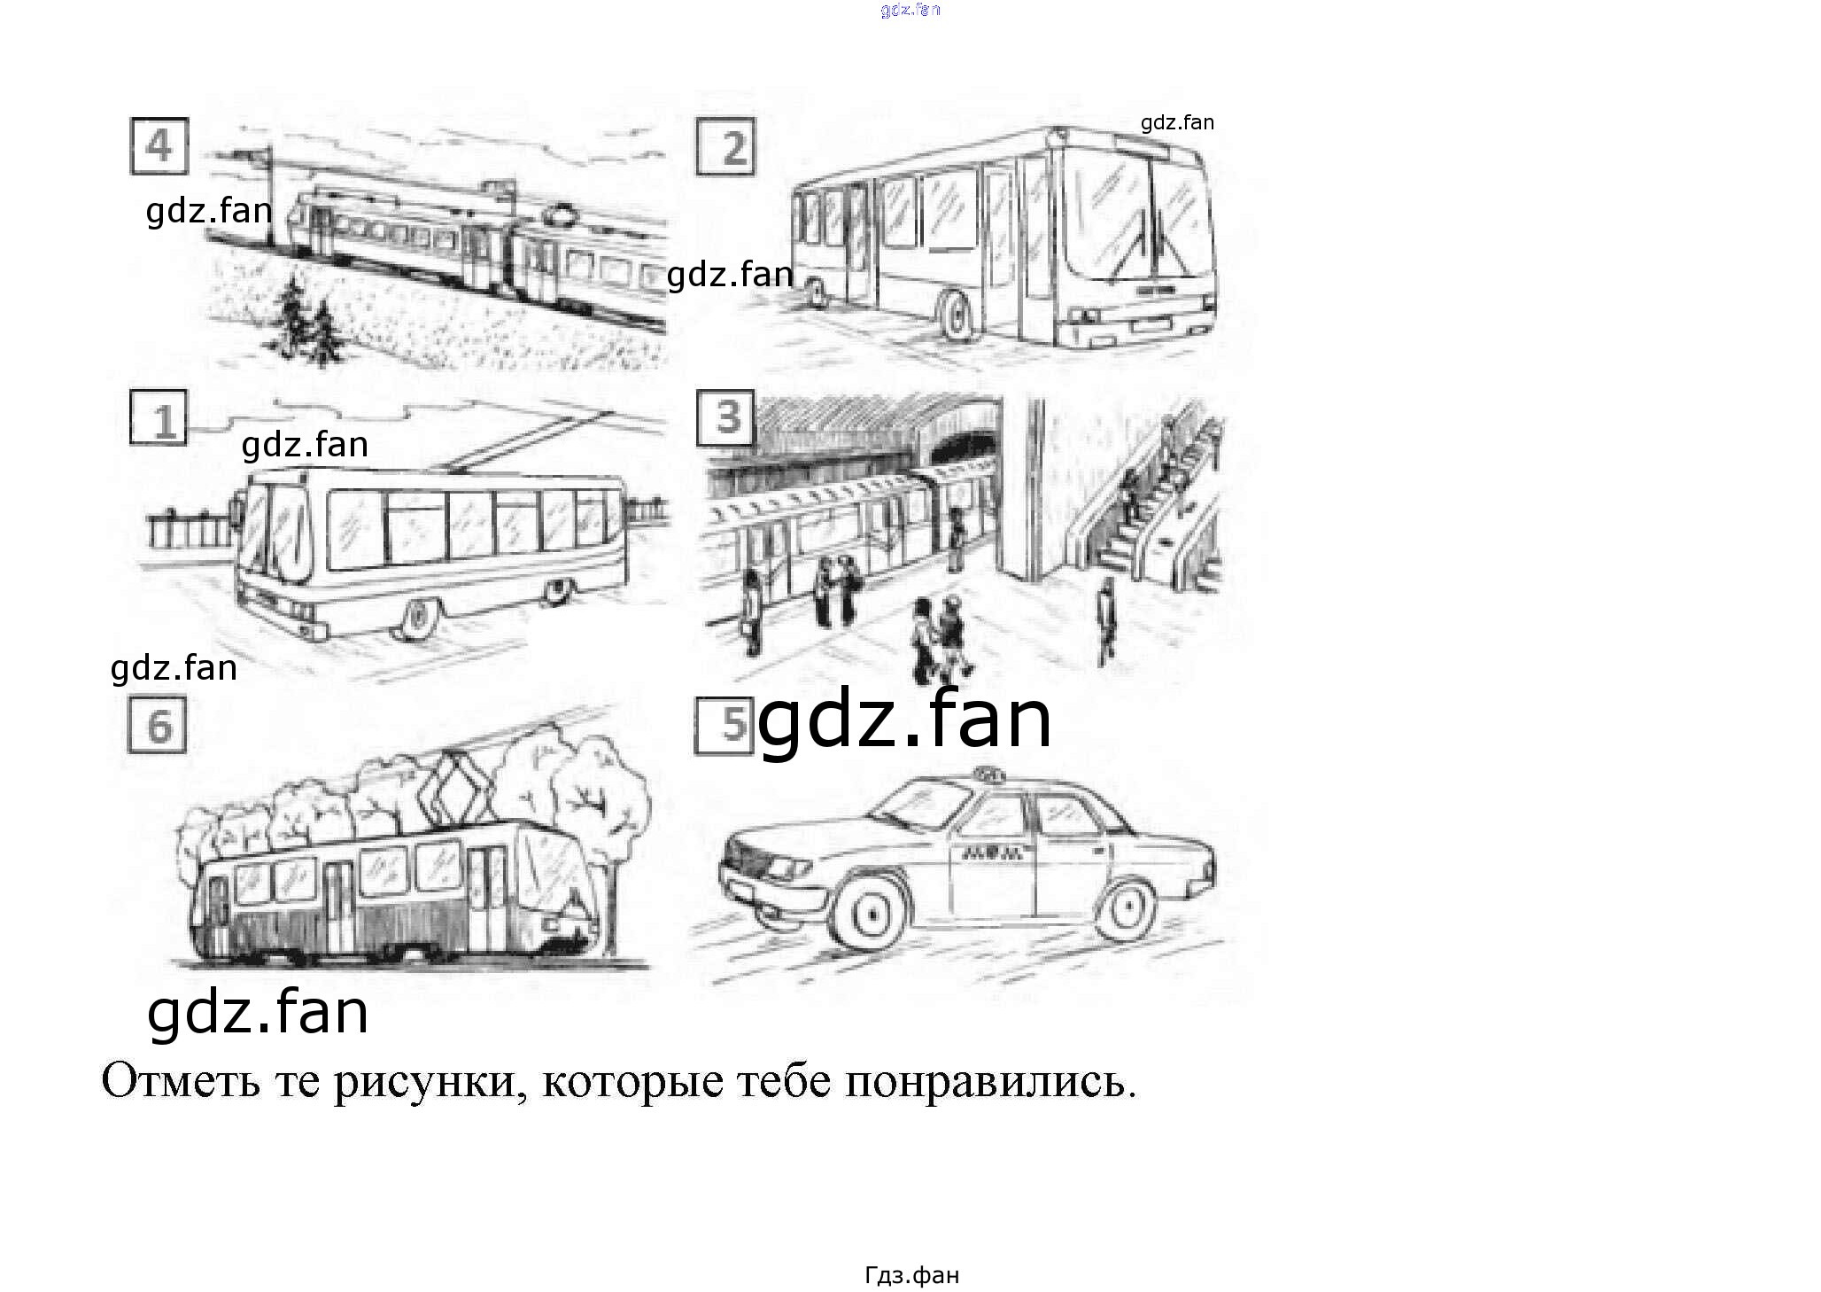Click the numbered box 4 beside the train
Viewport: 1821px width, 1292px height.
point(159,146)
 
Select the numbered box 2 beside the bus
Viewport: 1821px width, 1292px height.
point(725,146)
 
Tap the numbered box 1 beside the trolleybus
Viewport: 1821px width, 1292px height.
point(159,417)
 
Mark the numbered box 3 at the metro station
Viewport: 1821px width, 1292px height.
point(725,417)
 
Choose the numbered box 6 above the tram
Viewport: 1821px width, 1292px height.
point(158,725)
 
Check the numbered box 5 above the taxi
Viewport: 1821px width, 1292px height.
point(724,726)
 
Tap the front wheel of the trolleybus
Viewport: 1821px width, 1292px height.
point(418,617)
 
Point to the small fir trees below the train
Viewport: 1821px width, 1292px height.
point(306,322)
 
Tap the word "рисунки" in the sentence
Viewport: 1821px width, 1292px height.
point(424,1084)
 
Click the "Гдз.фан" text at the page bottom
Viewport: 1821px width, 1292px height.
point(911,1275)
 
